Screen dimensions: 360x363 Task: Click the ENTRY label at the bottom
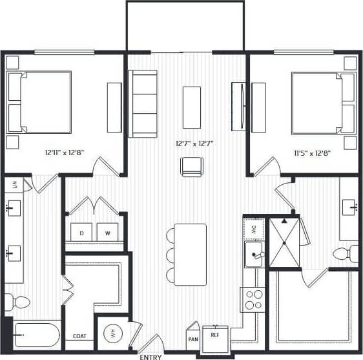[x=150, y=356]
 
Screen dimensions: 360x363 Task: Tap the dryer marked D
[x=82, y=232]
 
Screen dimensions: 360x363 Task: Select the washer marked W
[x=107, y=232]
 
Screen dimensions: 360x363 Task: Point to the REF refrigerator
[x=215, y=336]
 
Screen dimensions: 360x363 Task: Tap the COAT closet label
[x=79, y=336]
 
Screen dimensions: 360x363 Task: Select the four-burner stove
[x=253, y=299]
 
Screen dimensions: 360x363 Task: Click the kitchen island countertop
[x=190, y=254]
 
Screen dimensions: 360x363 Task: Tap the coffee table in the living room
[x=192, y=107]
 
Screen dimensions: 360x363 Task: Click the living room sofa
[x=143, y=103]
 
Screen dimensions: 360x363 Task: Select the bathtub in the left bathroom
[x=35, y=335]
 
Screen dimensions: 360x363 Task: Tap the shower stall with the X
[x=284, y=242]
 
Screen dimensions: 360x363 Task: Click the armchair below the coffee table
[x=192, y=166]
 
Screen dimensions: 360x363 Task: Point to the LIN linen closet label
[x=14, y=184]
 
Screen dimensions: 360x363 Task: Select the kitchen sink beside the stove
[x=254, y=254]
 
